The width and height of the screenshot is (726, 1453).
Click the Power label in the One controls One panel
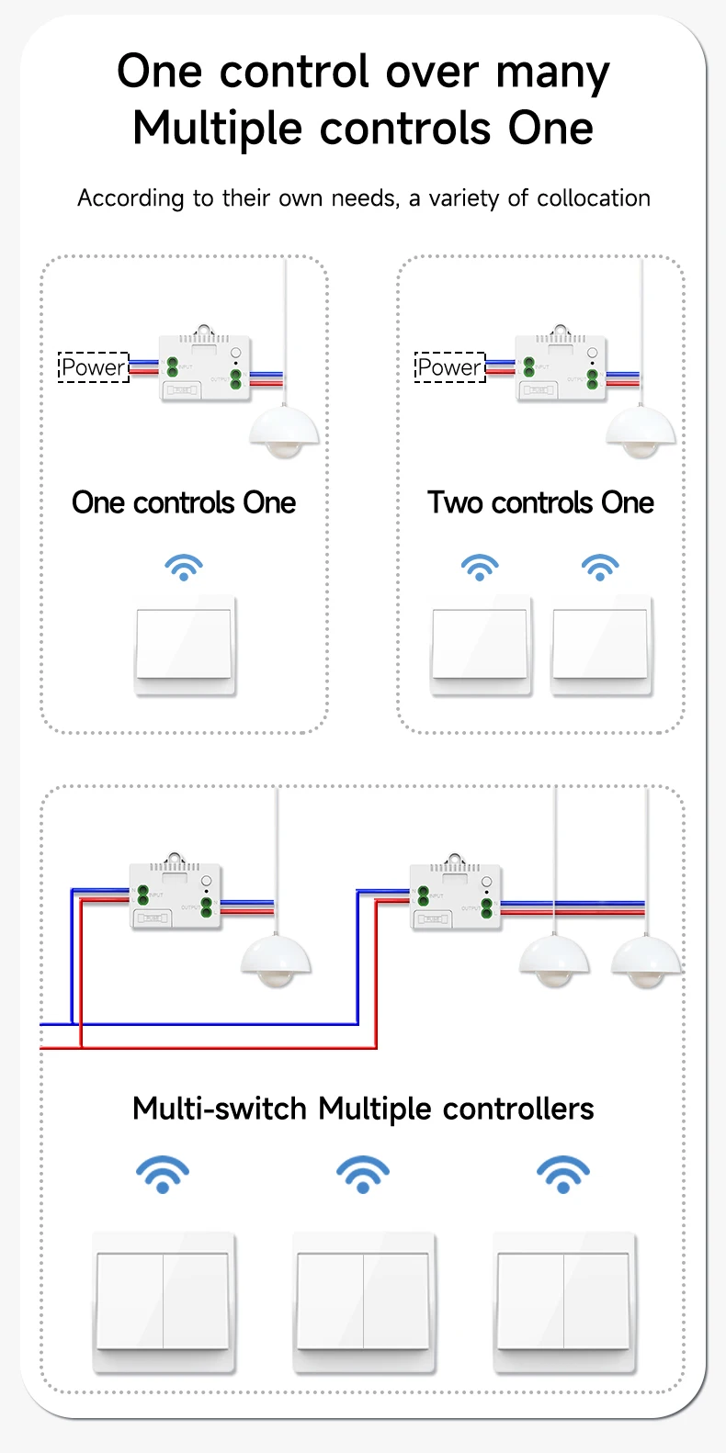93,367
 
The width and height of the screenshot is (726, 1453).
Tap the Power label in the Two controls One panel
449,367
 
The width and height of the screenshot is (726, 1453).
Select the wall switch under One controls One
185,645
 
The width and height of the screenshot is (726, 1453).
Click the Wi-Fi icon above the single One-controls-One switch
184,567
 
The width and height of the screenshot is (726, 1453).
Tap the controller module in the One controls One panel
204,367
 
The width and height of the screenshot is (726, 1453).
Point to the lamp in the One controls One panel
284,431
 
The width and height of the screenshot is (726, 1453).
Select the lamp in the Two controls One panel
641,431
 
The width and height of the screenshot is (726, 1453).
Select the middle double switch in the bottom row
363,1301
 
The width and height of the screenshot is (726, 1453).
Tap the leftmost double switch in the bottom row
164,1301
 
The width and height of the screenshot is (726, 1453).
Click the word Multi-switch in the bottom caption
220,1109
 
